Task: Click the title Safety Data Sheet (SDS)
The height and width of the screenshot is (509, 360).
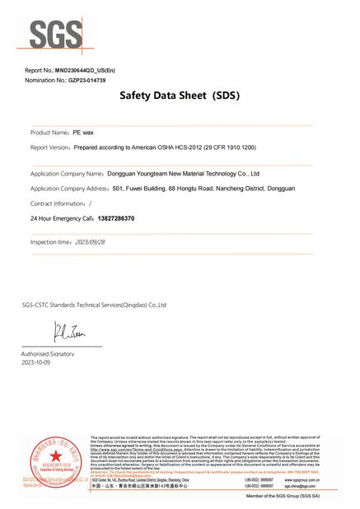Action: pos(179,96)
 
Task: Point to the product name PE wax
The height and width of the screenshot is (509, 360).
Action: pos(82,133)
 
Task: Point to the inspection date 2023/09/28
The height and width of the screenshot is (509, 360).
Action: pos(91,243)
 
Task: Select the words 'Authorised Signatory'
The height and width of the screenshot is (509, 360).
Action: pos(48,353)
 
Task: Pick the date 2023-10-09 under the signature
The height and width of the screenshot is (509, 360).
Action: pos(36,362)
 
